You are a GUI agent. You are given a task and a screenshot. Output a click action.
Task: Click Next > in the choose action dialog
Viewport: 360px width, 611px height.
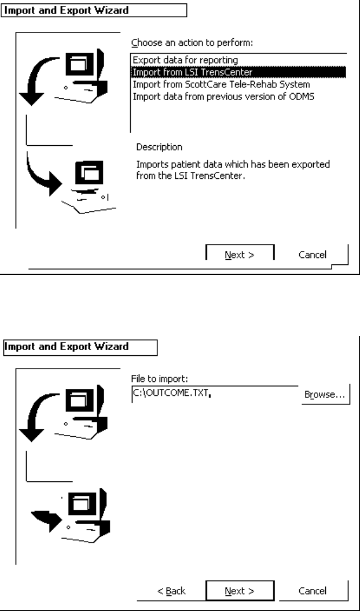pos(240,254)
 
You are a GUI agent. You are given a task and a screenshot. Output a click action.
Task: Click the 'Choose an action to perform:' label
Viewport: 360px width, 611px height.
pos(186,43)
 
